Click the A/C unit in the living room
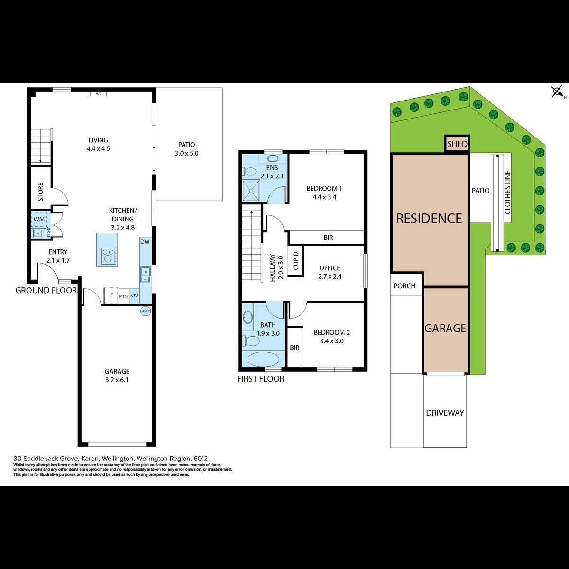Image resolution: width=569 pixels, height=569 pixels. pos(98,94)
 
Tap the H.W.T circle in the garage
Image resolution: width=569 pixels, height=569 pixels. pos(145,311)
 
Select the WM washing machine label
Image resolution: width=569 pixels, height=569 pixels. pos(39,219)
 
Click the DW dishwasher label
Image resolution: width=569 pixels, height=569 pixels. pos(145,242)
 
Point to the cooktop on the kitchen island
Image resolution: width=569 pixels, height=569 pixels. pos(109,256)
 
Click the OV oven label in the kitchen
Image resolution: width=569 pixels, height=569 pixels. pos(134,295)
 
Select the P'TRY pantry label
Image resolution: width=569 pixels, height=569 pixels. pos(124,297)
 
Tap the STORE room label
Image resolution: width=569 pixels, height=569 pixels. pos(41,192)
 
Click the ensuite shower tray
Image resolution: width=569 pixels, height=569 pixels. pos(251,191)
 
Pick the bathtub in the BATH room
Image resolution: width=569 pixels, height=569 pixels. pos(263,359)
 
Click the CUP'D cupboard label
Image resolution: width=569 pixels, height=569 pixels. pos(296,261)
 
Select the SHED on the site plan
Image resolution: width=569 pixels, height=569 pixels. pos(457,144)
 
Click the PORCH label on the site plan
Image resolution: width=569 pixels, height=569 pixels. pos(404,286)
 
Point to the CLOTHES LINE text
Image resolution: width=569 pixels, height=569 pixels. pos(507,192)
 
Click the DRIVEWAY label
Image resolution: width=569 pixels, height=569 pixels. pos(445,413)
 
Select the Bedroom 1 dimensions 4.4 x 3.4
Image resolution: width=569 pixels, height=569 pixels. pos(324,197)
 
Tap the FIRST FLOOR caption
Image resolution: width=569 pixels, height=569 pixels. pos(260,379)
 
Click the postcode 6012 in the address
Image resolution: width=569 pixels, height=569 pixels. pos(200,459)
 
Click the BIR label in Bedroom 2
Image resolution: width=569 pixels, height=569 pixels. pos(294,348)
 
